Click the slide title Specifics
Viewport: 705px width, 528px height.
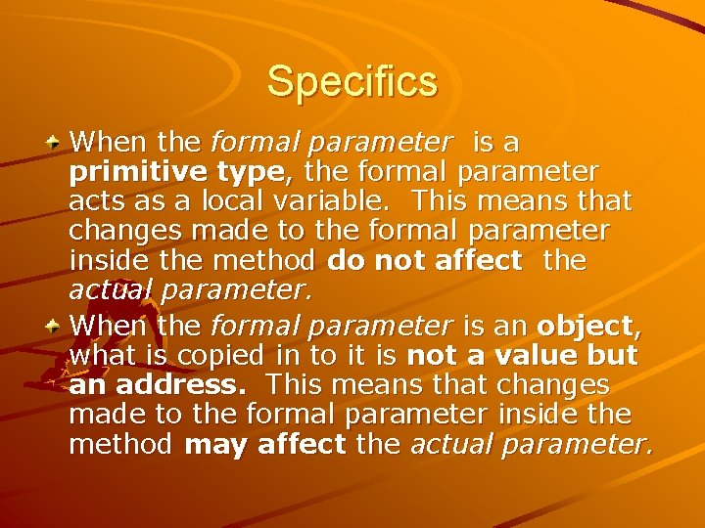(x=352, y=81)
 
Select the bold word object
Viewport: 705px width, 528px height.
(x=584, y=323)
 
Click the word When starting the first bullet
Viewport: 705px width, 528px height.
(x=106, y=144)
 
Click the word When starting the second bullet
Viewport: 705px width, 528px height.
(x=106, y=323)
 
